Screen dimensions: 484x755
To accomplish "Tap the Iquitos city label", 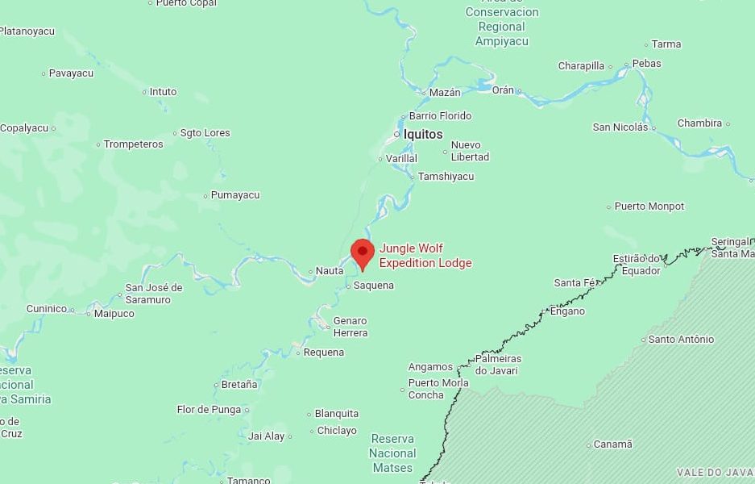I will point(423,134).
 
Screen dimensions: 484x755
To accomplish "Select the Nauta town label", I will point(329,271).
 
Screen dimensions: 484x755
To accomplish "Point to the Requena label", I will point(324,353).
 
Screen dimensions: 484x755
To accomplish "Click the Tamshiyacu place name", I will point(446,177).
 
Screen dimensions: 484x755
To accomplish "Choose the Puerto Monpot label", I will point(649,207).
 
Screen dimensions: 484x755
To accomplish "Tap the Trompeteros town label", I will point(134,144).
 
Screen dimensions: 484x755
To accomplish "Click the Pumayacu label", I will point(235,195).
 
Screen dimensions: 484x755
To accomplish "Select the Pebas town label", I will point(646,64).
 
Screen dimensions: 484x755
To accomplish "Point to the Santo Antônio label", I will point(681,340).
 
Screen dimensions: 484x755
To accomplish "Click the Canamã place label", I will point(612,444).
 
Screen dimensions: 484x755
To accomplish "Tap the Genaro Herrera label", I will point(350,327).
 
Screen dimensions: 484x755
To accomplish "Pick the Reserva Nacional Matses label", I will point(392,453).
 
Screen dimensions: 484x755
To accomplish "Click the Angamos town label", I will point(430,367).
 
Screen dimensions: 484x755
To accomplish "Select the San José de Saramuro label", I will point(153,294).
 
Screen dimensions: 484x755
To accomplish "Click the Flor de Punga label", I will point(209,410).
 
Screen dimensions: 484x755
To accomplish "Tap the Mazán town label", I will point(445,93).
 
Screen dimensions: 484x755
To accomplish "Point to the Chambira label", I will point(699,123).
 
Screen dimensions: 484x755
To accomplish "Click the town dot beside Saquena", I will point(348,286).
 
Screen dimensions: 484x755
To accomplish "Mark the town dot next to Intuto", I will point(145,92).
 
